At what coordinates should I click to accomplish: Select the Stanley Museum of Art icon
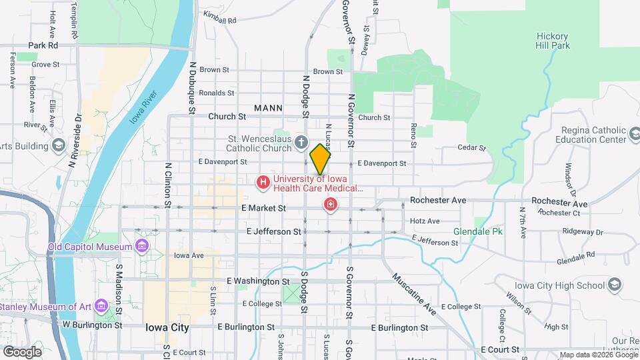[101, 306]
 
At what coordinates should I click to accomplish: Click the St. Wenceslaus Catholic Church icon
[301, 141]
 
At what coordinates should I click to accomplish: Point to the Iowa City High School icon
[615, 285]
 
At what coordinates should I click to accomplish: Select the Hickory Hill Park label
[553, 41]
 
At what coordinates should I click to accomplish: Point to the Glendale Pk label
[477, 231]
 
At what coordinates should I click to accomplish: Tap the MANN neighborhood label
[268, 108]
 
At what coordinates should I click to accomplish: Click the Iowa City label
[167, 328]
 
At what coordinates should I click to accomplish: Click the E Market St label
[264, 208]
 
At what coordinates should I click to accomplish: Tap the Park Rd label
[43, 45]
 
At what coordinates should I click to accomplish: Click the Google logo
[22, 351]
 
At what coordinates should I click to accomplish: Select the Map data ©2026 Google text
[597, 355]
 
